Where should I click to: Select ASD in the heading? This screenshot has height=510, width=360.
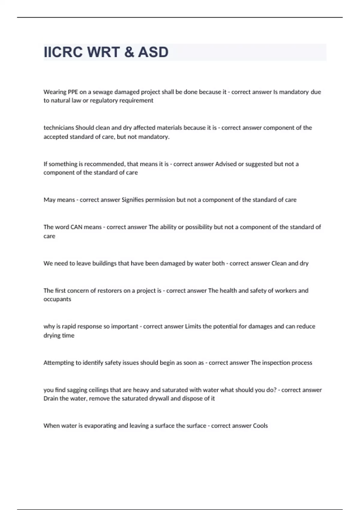pos(153,52)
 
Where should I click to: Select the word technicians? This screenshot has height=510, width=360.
pos(59,128)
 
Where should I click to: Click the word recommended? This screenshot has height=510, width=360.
pos(105,164)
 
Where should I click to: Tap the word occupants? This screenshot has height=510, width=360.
pos(57,299)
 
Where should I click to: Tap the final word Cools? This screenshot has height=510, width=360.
pos(260,426)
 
